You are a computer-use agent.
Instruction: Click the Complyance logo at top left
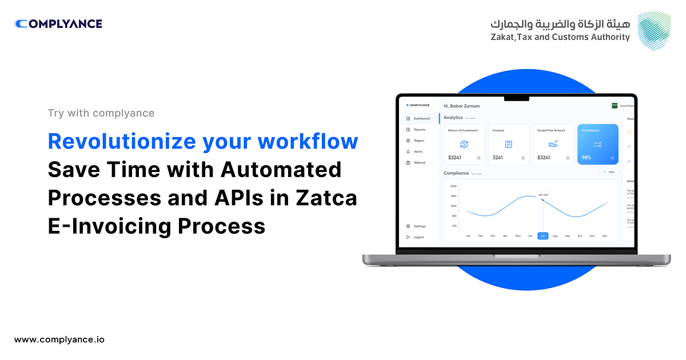pos(58,24)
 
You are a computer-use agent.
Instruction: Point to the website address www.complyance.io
pos(59,339)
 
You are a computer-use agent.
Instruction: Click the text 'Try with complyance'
pos(101,113)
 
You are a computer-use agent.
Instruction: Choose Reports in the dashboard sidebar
pos(420,130)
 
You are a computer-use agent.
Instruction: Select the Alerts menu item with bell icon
pos(418,151)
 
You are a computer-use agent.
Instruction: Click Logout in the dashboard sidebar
pos(418,237)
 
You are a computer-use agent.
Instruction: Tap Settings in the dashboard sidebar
pos(419,226)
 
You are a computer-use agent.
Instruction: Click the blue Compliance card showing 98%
pos(597,145)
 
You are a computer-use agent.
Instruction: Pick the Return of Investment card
pos(464,145)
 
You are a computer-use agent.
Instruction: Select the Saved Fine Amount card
pos(553,145)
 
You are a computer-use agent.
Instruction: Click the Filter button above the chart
pos(609,171)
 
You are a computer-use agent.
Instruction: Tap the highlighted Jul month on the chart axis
pos(543,235)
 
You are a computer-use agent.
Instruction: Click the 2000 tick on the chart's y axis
pos(453,186)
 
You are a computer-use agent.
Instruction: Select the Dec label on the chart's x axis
pos(605,235)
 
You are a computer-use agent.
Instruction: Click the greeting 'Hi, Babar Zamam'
pos(461,106)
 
